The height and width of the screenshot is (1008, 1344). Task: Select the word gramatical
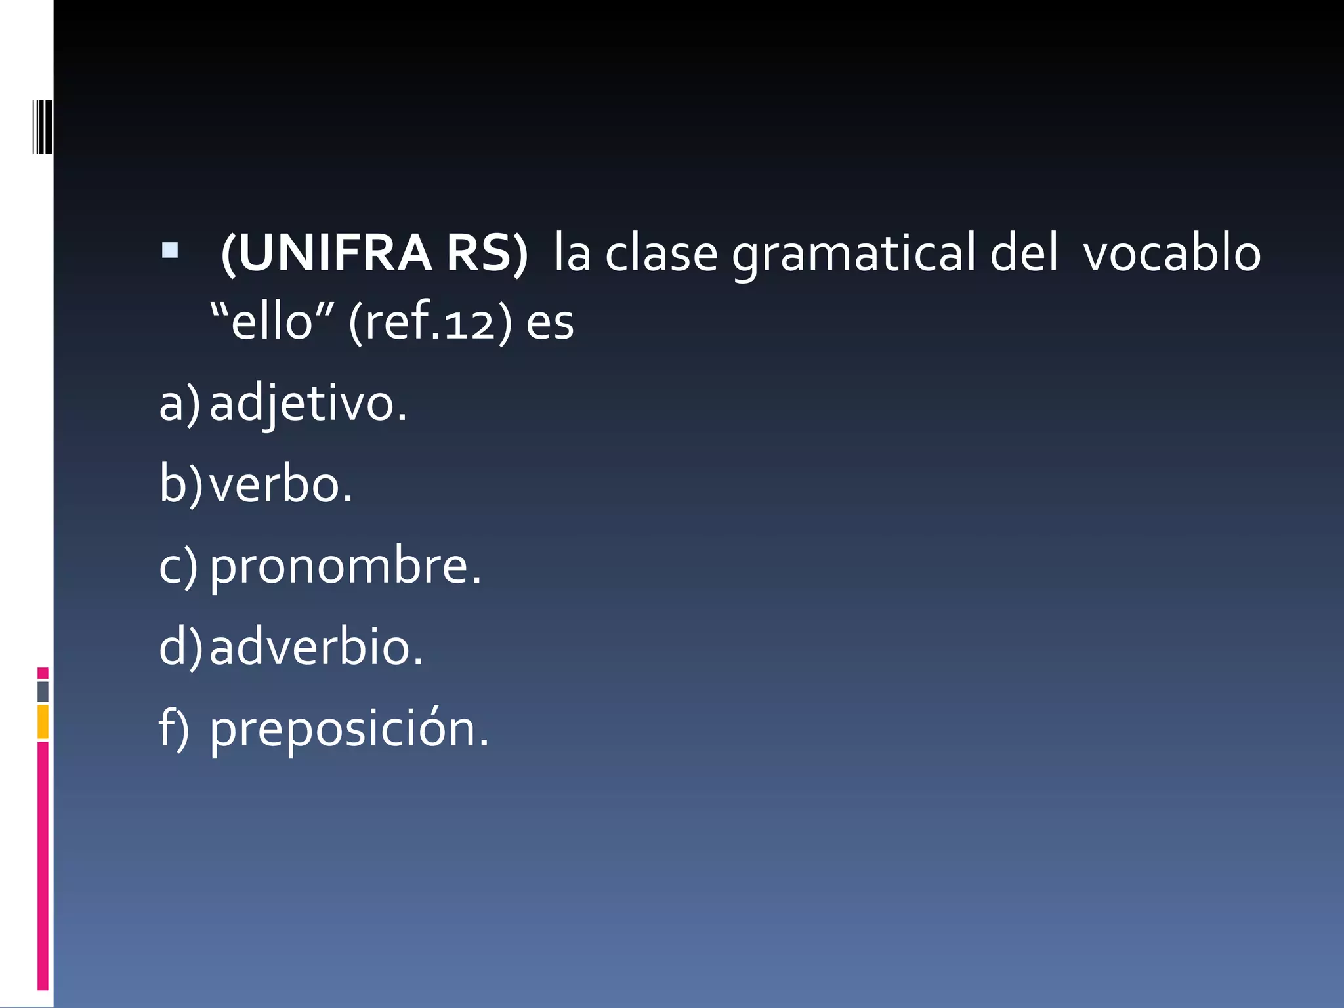(853, 255)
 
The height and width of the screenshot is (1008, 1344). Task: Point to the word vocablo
(1172, 255)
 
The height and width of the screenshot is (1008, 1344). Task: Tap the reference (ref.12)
(430, 323)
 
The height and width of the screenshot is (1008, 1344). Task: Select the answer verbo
(281, 485)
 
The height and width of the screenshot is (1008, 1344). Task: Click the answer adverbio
(316, 648)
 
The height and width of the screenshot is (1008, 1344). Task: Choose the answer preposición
(349, 729)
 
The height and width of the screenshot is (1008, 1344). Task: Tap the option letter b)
(181, 485)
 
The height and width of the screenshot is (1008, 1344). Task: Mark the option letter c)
(178, 566)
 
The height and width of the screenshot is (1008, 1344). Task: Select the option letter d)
(181, 648)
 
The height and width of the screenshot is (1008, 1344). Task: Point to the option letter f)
(174, 729)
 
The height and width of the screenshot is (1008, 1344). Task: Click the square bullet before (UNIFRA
(169, 250)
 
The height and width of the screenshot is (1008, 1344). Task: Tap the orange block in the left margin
(43, 722)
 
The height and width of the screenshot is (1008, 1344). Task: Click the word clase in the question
(661, 255)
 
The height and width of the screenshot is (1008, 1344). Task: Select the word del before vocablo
(1024, 255)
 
